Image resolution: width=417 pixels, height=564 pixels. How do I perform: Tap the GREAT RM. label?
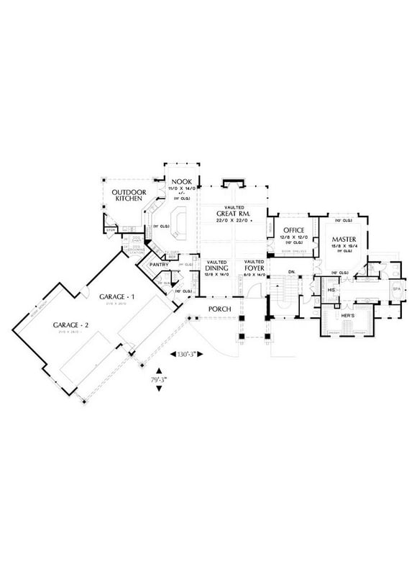[233, 213]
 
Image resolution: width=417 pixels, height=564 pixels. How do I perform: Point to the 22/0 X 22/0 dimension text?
[233, 221]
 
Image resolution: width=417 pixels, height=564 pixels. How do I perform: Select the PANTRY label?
[159, 265]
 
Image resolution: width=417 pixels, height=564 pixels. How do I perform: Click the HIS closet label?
[331, 289]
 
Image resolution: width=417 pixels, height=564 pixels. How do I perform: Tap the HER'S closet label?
[348, 315]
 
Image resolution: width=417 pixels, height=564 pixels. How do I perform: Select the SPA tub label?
[396, 289]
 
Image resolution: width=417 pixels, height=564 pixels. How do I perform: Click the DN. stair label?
[292, 271]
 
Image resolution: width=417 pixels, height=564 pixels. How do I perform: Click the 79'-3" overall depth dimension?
[159, 379]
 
